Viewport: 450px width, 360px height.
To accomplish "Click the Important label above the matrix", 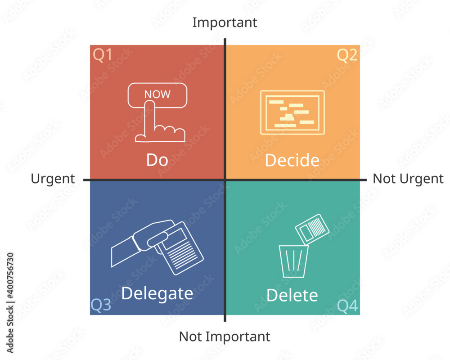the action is pyautogui.click(x=225, y=22).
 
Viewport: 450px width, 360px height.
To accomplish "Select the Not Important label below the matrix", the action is pyautogui.click(x=225, y=336).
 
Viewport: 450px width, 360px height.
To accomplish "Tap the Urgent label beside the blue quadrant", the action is pyautogui.click(x=53, y=179).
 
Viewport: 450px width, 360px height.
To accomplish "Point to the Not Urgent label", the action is pyautogui.click(x=408, y=179).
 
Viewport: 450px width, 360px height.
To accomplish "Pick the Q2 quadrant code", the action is pyautogui.click(x=347, y=55).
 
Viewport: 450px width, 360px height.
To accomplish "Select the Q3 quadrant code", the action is pyautogui.click(x=101, y=305).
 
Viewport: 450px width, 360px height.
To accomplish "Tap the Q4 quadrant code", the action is pyautogui.click(x=347, y=306).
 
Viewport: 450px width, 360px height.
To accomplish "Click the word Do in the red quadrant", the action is pyautogui.click(x=157, y=160).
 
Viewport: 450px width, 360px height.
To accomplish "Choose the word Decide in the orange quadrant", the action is pyautogui.click(x=292, y=160).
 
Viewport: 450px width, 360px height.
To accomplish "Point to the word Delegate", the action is pyautogui.click(x=157, y=293).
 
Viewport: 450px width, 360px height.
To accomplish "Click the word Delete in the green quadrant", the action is pyautogui.click(x=292, y=295).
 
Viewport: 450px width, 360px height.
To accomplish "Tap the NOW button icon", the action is pyautogui.click(x=157, y=94).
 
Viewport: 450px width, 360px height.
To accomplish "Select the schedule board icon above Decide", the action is pyautogui.click(x=292, y=112).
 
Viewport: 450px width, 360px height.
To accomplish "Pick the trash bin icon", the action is pyautogui.click(x=293, y=261).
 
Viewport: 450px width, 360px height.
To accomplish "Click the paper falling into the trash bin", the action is pyautogui.click(x=311, y=229).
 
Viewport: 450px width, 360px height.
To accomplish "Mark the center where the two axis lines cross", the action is pyautogui.click(x=225, y=180).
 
